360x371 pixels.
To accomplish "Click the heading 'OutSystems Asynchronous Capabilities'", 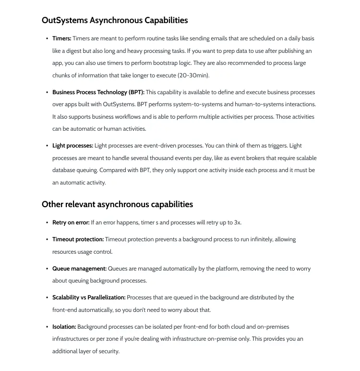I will pos(115,20).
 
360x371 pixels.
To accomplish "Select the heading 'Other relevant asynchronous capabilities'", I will pos(117,204).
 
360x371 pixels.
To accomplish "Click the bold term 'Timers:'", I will pos(62,38).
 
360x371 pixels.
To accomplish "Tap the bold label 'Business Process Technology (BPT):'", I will pos(98,92).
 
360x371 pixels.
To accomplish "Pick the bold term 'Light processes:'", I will pos(72,146).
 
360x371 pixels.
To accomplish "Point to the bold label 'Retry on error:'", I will pos(71,223).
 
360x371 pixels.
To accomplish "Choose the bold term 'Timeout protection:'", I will pos(78,239).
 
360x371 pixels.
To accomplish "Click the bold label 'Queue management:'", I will pos(79,269).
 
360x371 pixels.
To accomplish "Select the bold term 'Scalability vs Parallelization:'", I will pos(89,297).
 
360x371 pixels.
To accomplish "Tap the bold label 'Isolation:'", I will pos(64,327).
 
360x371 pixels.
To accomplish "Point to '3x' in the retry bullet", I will pos(238,223).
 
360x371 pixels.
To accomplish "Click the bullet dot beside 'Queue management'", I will pos(47,269).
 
